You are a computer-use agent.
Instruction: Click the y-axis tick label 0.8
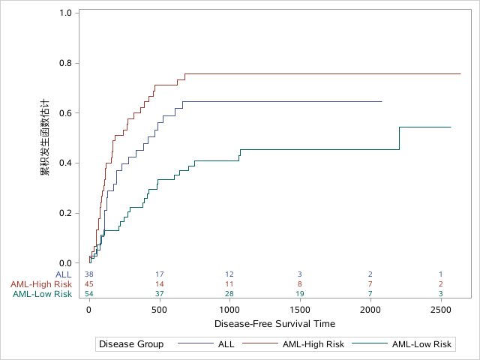(x=65, y=63)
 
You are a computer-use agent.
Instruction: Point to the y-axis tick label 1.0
(x=65, y=13)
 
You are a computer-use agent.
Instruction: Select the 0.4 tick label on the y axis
(x=65, y=163)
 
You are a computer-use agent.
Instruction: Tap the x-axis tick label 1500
(x=300, y=310)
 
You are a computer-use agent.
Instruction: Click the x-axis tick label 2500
(x=440, y=310)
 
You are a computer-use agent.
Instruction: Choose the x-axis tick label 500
(x=159, y=310)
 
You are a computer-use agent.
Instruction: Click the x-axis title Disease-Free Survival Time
(x=274, y=324)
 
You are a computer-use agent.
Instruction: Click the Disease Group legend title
(x=132, y=344)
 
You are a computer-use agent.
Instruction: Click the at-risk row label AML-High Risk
(x=41, y=284)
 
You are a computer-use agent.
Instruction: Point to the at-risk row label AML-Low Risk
(x=43, y=294)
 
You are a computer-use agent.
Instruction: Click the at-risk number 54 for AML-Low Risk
(x=89, y=294)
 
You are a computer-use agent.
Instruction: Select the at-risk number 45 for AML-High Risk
(x=89, y=284)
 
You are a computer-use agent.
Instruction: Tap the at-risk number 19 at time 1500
(x=300, y=294)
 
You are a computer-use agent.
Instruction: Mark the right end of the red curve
(x=460, y=73)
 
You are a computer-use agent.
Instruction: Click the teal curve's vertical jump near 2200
(x=399, y=139)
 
